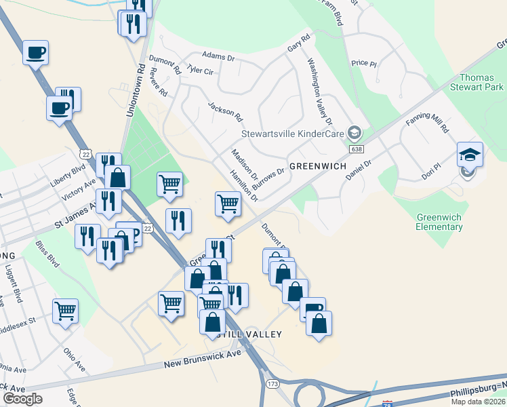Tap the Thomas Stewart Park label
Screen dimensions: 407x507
481,83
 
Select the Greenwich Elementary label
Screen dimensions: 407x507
439,222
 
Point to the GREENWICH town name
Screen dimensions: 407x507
318,166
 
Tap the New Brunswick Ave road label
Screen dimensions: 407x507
203,359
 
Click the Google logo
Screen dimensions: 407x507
22,399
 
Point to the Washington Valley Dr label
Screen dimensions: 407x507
321,92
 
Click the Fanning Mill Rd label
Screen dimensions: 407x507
427,123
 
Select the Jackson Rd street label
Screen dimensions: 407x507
225,111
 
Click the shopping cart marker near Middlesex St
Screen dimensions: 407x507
66,311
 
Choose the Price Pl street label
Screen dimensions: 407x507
364,63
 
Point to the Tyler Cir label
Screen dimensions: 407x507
200,71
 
